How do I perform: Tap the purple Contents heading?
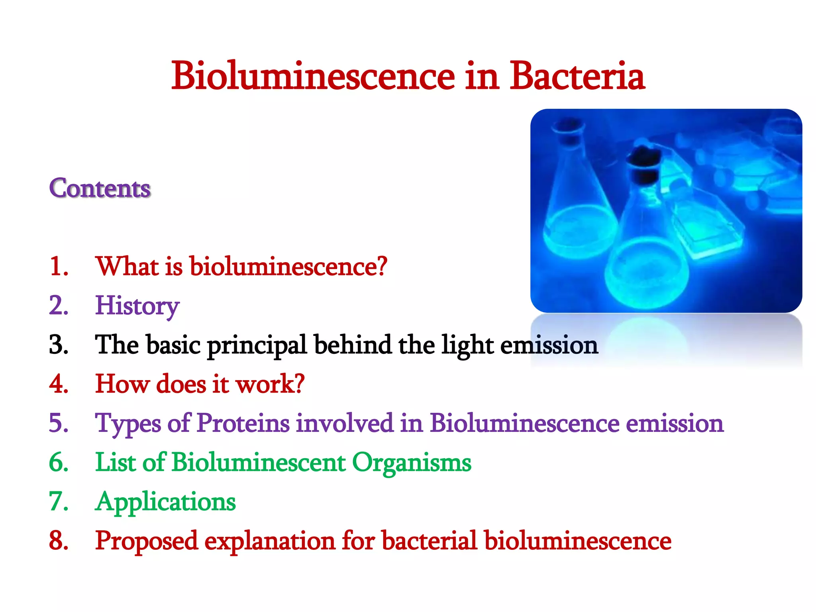click(100, 188)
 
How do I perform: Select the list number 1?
click(59, 266)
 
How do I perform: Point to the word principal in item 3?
click(257, 345)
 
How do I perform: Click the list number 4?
click(59, 384)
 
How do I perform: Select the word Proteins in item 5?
click(243, 423)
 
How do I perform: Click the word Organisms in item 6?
click(412, 462)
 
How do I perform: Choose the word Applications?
click(165, 502)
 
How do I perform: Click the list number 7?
click(59, 501)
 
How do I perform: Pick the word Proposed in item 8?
click(146, 541)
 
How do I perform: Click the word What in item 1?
click(127, 266)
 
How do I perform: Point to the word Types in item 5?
click(128, 424)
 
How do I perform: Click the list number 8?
click(59, 541)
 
